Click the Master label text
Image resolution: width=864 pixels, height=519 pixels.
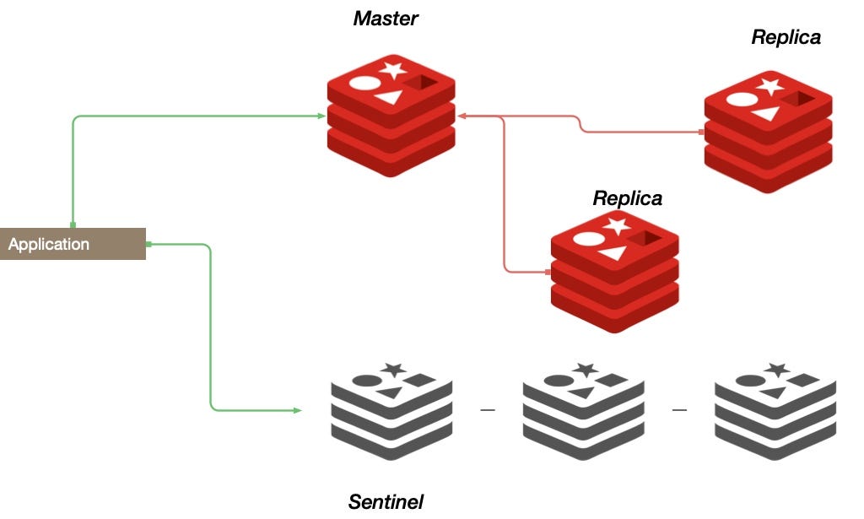[x=386, y=18]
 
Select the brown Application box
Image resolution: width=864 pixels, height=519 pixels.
[x=73, y=244]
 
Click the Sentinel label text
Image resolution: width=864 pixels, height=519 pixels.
[x=386, y=502]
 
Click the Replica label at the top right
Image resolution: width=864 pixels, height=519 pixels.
[x=786, y=38]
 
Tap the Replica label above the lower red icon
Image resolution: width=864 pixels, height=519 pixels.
[x=627, y=198]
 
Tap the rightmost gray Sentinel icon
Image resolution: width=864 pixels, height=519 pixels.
[x=775, y=409]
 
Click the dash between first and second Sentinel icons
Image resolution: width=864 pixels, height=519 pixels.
[x=487, y=410]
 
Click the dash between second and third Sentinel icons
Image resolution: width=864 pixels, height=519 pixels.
[x=679, y=410]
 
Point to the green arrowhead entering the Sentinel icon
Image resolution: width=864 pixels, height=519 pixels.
[x=297, y=411]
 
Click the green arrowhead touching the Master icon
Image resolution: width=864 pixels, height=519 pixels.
[x=324, y=116]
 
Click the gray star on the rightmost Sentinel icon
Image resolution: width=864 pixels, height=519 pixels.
[x=776, y=369]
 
